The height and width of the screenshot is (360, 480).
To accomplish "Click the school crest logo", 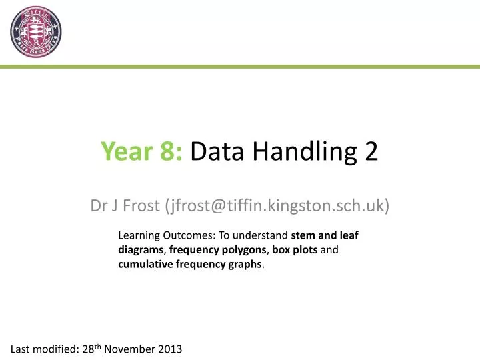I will point(35,32).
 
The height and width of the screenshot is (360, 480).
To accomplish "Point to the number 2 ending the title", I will point(371,153).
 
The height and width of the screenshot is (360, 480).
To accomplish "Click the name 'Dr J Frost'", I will point(125,206).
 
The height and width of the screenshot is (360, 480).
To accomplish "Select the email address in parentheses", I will point(276,206).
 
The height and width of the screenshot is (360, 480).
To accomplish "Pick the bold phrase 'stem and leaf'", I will point(325,235).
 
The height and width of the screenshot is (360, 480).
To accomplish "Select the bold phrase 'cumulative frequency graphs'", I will point(191,264).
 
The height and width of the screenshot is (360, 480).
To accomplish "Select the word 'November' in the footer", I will point(127,349).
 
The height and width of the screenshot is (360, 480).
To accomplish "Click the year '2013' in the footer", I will point(169,349).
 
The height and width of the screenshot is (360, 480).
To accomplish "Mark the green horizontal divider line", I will point(240,67).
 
